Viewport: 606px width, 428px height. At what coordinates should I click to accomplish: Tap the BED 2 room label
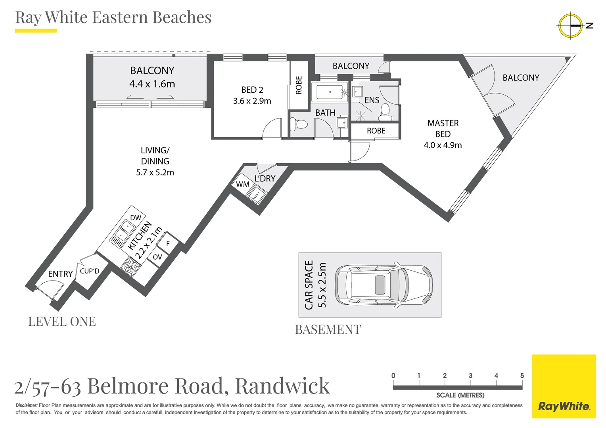click(x=252, y=90)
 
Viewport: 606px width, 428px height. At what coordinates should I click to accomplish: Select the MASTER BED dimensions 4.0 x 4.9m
click(x=443, y=145)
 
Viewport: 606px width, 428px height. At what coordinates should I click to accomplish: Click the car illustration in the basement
click(x=384, y=285)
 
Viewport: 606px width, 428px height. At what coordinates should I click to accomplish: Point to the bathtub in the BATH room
click(x=329, y=92)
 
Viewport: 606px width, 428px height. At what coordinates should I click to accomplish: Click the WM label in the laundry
click(x=242, y=184)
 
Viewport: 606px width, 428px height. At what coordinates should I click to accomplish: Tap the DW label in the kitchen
click(x=136, y=218)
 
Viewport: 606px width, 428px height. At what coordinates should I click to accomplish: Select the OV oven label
click(x=157, y=257)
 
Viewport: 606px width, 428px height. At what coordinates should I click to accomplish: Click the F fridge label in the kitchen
click(x=168, y=244)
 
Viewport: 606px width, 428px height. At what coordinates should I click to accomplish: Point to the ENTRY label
click(x=60, y=274)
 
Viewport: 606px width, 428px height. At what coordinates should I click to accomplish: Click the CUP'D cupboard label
click(x=90, y=271)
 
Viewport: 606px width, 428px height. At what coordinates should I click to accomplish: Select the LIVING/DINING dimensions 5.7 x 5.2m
click(x=155, y=172)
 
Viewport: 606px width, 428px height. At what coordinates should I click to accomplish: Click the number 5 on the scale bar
click(x=522, y=376)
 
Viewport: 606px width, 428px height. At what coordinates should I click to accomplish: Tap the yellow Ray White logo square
click(x=564, y=386)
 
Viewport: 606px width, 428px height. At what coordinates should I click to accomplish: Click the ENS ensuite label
click(x=372, y=100)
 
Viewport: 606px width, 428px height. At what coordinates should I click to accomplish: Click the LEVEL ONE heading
click(x=62, y=321)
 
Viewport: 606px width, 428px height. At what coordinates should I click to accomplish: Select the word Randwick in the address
click(x=282, y=386)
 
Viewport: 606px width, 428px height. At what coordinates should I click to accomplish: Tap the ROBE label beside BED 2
click(x=299, y=85)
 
